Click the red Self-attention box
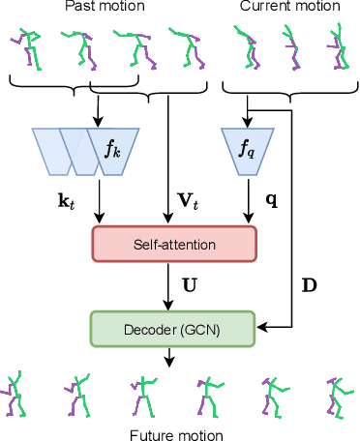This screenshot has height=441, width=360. [x=173, y=241]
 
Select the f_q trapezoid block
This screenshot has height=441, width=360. [x=247, y=151]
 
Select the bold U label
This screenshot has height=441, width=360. [x=189, y=284]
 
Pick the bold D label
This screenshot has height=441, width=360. [x=310, y=284]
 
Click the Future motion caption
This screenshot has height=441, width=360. [x=176, y=434]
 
